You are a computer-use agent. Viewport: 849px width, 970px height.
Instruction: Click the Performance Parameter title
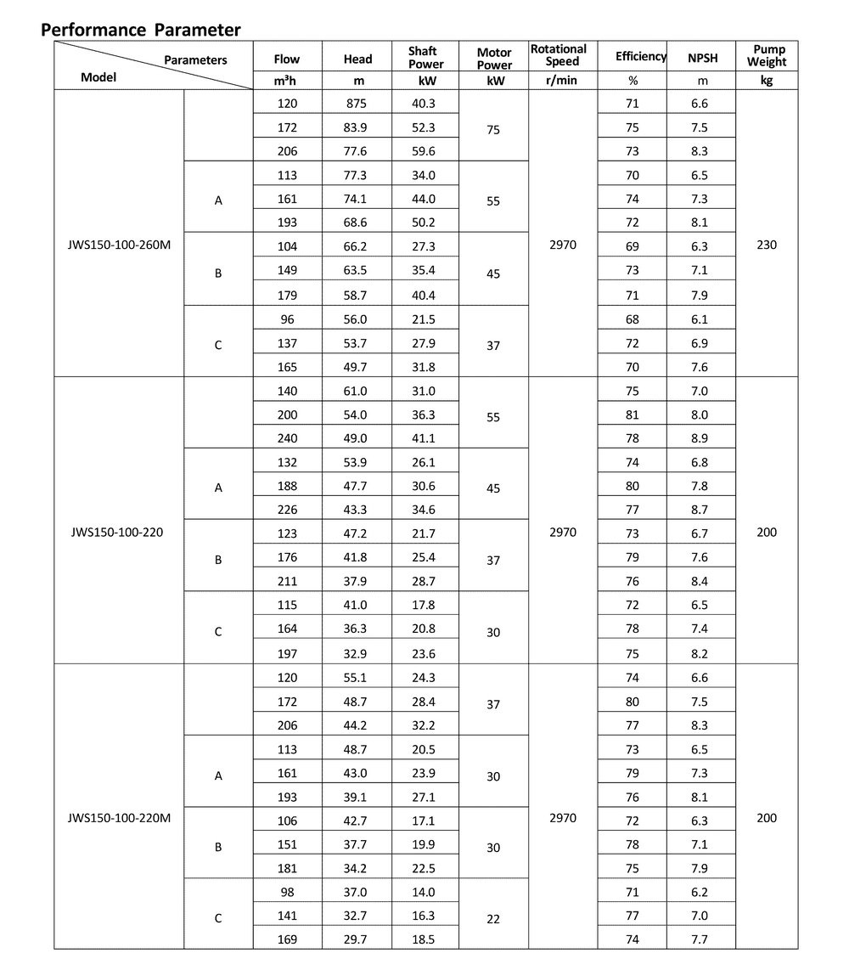click(x=141, y=30)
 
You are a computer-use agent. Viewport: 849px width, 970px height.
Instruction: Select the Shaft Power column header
click(x=425, y=58)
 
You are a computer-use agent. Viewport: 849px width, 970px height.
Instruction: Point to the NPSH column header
click(x=701, y=59)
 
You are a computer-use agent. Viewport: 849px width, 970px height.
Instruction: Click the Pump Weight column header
click(x=767, y=55)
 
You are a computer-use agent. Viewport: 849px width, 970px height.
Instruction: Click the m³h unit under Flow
click(x=287, y=82)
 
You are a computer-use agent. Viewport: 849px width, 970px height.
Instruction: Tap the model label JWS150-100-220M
click(x=119, y=819)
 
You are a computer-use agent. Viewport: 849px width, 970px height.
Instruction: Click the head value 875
click(x=357, y=104)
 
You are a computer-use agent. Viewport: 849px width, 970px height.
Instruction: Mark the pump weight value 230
click(x=767, y=245)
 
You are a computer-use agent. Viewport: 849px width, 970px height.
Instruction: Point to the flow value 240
click(x=287, y=438)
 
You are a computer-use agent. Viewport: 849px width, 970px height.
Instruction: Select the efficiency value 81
click(x=632, y=415)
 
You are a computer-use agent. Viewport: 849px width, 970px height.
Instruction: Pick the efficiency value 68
click(x=632, y=319)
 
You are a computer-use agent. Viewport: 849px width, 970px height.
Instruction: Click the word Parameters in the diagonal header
click(x=195, y=60)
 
